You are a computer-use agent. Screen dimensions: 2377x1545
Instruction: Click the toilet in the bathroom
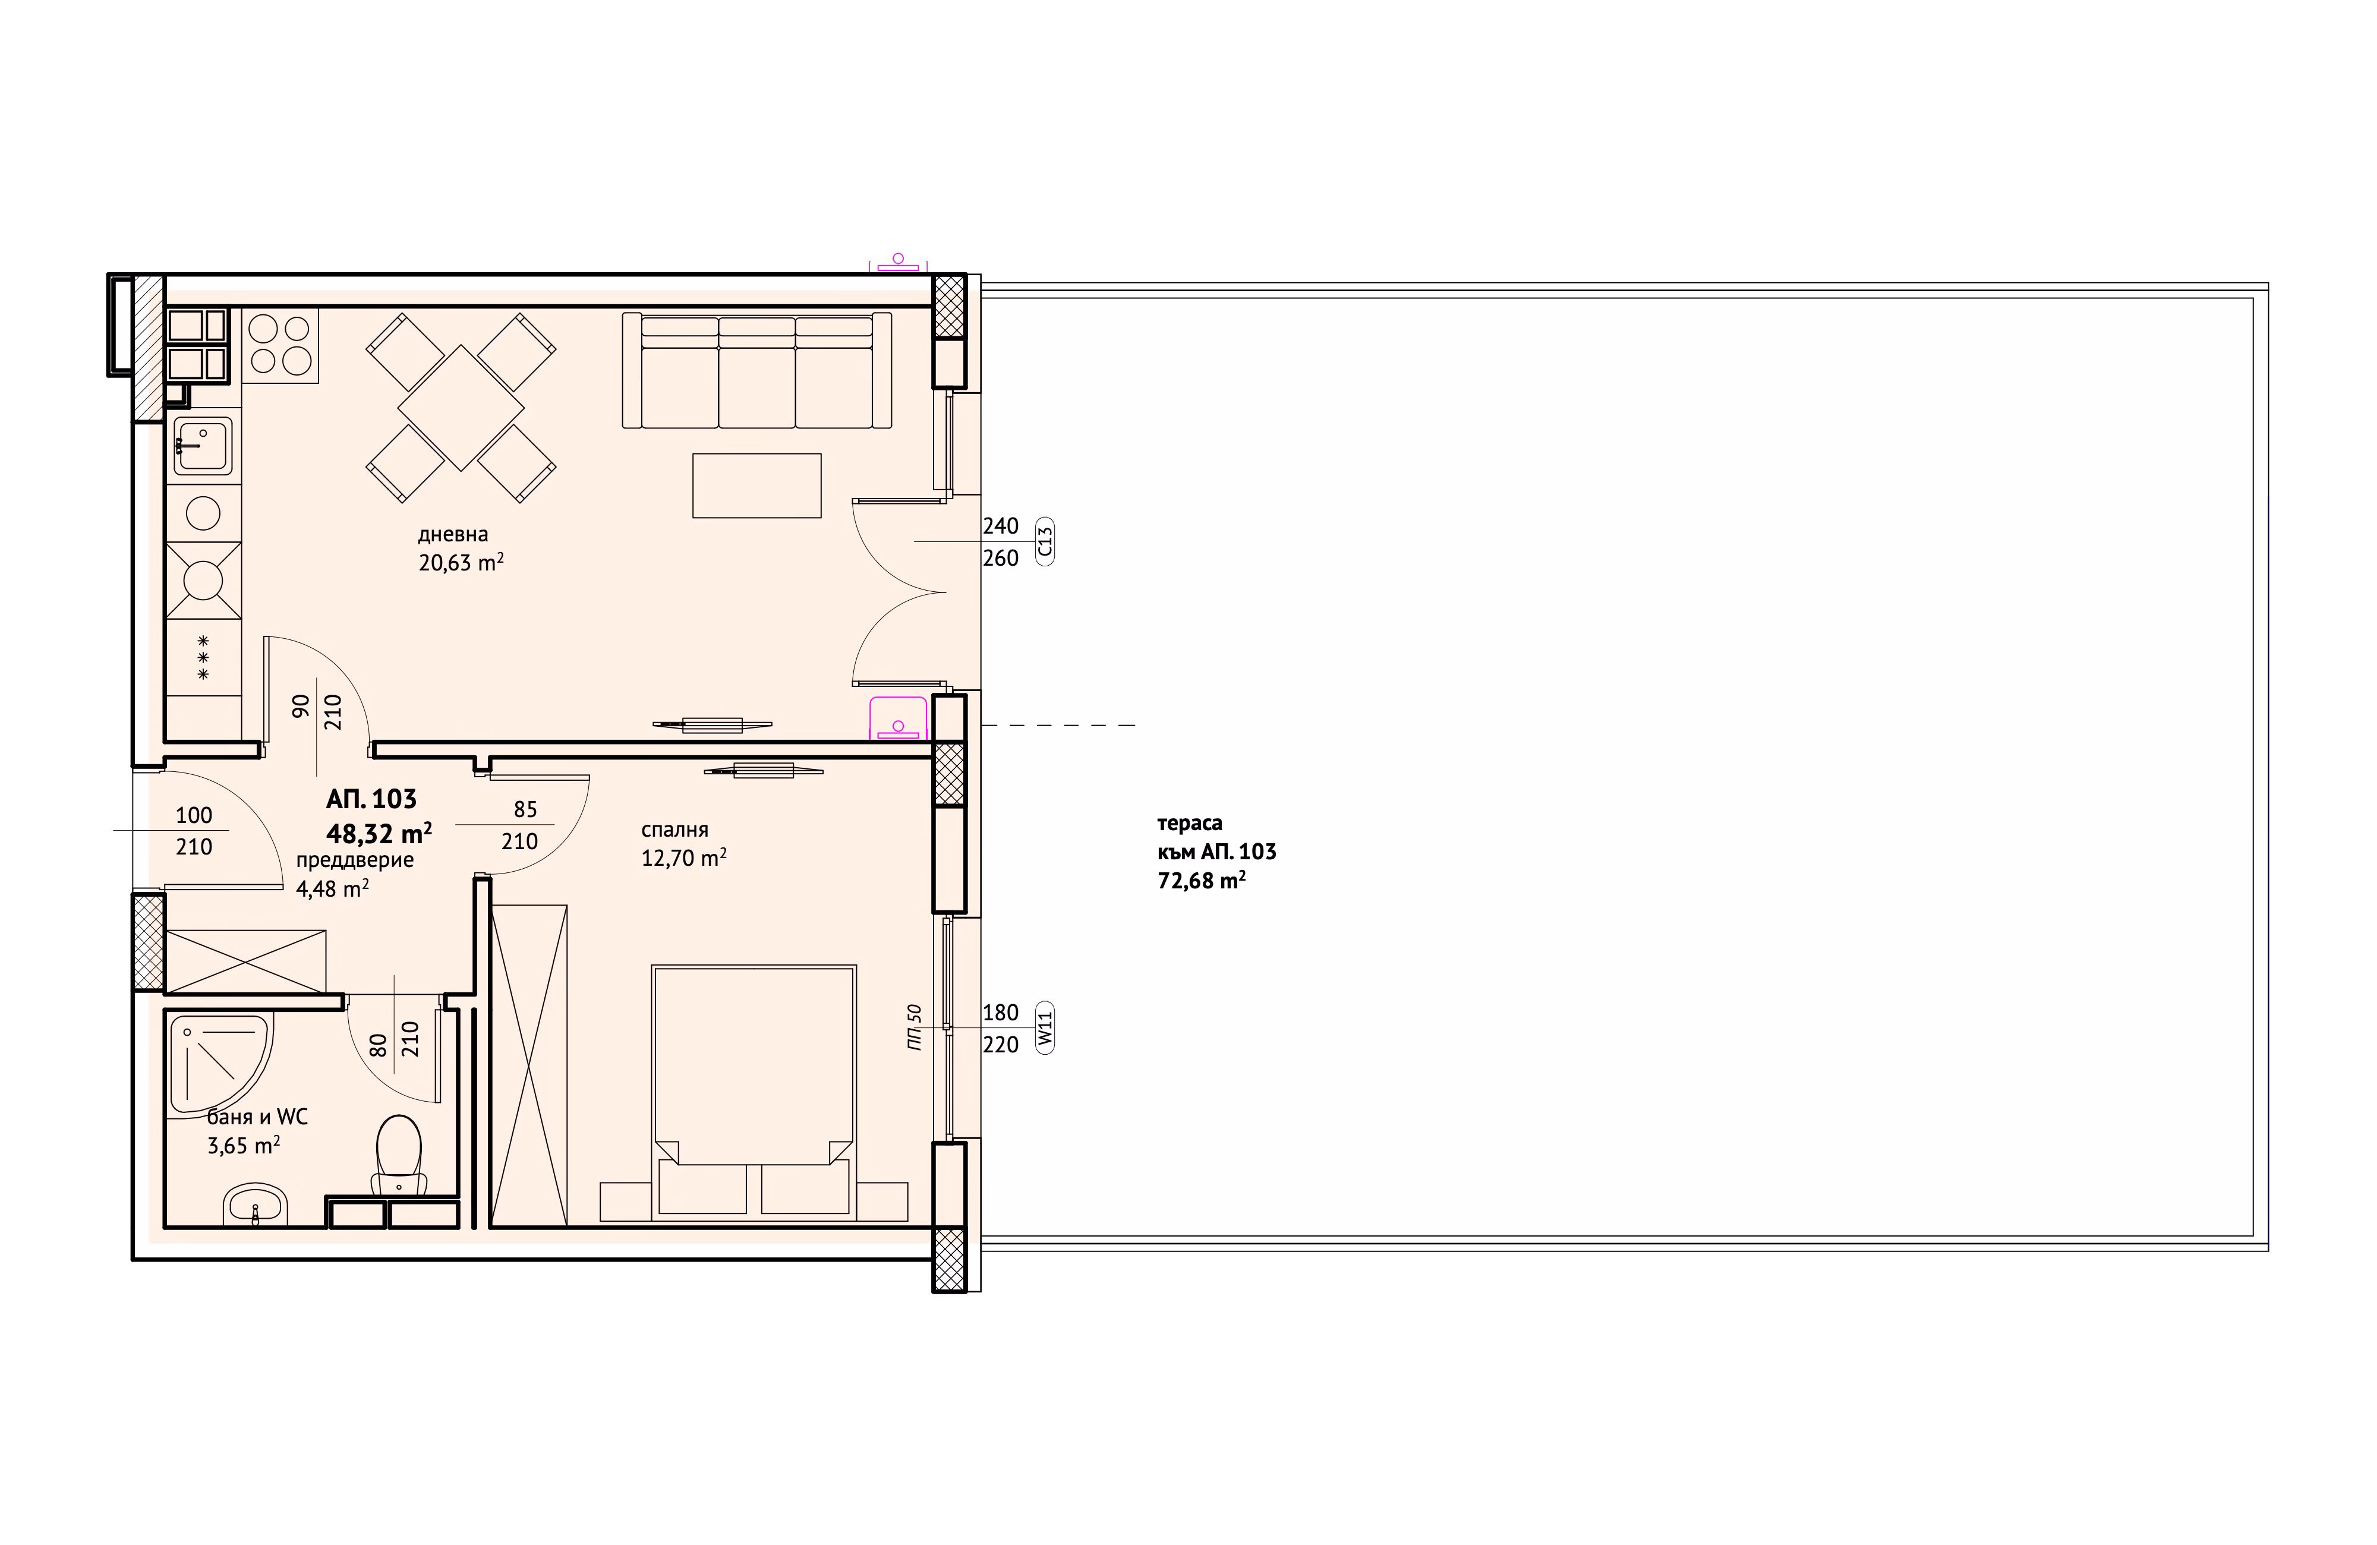pyautogui.click(x=399, y=1156)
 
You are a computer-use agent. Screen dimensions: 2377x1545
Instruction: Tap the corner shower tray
pyautogui.click(x=220, y=1065)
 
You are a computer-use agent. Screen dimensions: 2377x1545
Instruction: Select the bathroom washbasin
pyautogui.click(x=256, y=1205)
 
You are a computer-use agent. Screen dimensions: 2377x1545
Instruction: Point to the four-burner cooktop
pyautogui.click(x=280, y=345)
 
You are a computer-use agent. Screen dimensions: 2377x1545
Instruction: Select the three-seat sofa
pyautogui.click(x=756, y=371)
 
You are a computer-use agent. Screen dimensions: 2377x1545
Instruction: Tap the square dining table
pyautogui.click(x=461, y=408)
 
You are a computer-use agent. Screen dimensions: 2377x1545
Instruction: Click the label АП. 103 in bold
pyautogui.click(x=371, y=799)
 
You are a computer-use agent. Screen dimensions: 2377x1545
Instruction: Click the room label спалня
pyautogui.click(x=675, y=830)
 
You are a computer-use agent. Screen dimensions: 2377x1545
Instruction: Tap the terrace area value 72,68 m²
pyautogui.click(x=1202, y=881)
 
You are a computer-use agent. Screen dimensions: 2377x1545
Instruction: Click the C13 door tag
pyautogui.click(x=1045, y=543)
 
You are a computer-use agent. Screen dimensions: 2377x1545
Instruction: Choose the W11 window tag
pyautogui.click(x=1045, y=1027)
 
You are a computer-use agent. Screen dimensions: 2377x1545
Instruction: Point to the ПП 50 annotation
pyautogui.click(x=914, y=1027)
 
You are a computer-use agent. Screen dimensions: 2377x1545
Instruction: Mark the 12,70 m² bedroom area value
pyautogui.click(x=683, y=858)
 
